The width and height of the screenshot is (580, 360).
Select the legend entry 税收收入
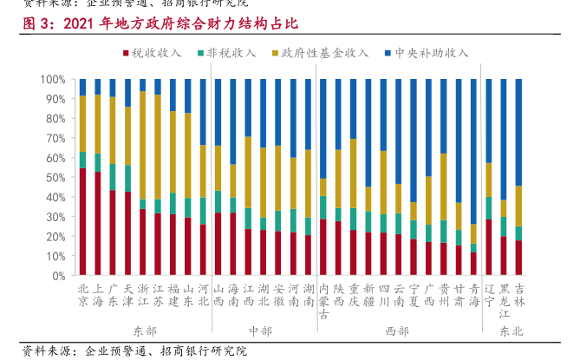[156, 53]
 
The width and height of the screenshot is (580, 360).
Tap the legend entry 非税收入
[231, 53]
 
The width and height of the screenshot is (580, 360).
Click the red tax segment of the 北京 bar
[82, 221]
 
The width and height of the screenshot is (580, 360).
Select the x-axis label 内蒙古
[323, 298]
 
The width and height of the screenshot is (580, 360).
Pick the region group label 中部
[259, 331]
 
